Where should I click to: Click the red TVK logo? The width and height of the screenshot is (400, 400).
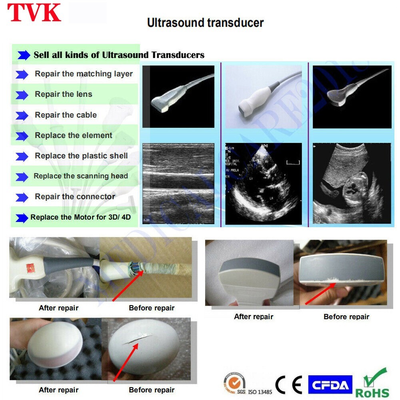pyautogui.click(x=34, y=13)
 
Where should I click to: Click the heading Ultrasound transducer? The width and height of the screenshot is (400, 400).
pyautogui.click(x=205, y=22)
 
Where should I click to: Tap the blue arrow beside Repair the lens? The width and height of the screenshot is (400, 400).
pyautogui.click(x=22, y=95)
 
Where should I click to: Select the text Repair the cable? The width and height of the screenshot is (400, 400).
pyautogui.click(x=66, y=115)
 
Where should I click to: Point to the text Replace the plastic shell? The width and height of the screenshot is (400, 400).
pyautogui.click(x=81, y=156)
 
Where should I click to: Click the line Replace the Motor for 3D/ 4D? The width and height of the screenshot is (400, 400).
pyautogui.click(x=81, y=218)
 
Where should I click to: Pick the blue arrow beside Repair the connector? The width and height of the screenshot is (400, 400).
pyautogui.click(x=22, y=197)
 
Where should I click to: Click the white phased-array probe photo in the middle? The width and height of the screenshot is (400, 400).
pyautogui.click(x=264, y=96)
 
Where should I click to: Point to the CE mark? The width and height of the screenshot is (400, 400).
pyautogui.click(x=289, y=385)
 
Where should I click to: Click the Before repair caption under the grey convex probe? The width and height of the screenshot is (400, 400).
pyautogui.click(x=346, y=317)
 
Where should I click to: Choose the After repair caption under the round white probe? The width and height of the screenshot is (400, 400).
pyautogui.click(x=58, y=390)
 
